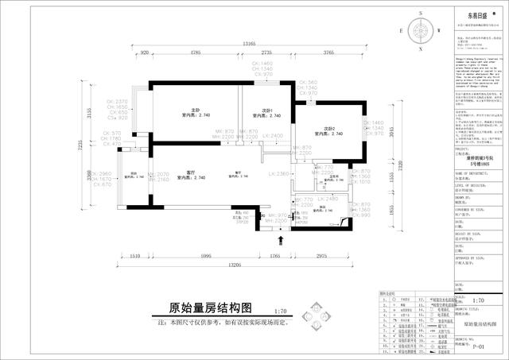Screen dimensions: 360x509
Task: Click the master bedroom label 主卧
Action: tap(194, 110)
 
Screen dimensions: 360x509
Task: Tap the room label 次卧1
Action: tap(268, 110)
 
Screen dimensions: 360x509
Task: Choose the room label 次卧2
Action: tap(328, 128)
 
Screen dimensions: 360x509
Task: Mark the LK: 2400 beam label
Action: tap(273, 136)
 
